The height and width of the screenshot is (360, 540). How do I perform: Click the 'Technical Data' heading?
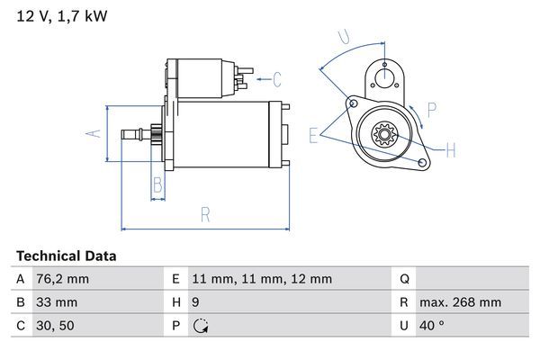(x=67, y=256)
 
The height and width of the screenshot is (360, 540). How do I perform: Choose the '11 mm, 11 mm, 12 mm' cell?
(x=264, y=280)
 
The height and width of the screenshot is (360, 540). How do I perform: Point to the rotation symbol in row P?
(x=202, y=326)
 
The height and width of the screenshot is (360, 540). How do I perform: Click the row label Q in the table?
(x=404, y=280)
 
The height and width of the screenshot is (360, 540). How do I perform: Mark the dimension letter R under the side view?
(x=204, y=214)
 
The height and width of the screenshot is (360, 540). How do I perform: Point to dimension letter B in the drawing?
(x=157, y=186)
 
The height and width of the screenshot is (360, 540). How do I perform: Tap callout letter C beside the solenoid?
(x=277, y=79)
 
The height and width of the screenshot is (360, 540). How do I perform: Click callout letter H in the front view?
(x=451, y=149)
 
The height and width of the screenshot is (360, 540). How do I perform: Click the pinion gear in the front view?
(x=385, y=137)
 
